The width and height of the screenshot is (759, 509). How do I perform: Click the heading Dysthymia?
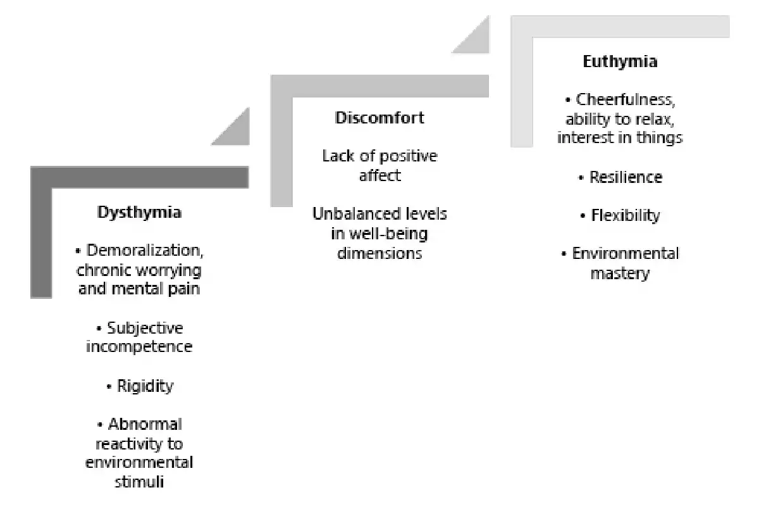[x=139, y=213]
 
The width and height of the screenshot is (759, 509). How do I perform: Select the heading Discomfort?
[x=379, y=118]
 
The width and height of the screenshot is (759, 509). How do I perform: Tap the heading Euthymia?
[x=620, y=62]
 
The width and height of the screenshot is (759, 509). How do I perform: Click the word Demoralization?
[x=144, y=251]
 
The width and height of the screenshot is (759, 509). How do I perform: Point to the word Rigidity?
[x=145, y=386]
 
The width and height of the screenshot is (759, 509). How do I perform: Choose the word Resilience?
[x=626, y=177]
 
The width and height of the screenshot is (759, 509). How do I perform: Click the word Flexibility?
[x=626, y=216]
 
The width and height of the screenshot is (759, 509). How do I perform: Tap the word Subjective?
[x=145, y=329]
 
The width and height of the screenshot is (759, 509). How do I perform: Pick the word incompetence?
[x=139, y=347]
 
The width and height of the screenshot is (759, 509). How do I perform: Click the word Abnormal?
[x=145, y=425]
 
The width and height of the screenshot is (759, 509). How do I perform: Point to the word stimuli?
[x=139, y=482]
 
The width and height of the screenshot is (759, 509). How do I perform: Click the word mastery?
[x=620, y=273]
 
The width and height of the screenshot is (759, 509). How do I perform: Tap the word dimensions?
[x=379, y=254]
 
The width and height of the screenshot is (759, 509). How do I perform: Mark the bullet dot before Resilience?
[x=581, y=178]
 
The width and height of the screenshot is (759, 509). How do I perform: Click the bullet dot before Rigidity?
[x=109, y=387]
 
